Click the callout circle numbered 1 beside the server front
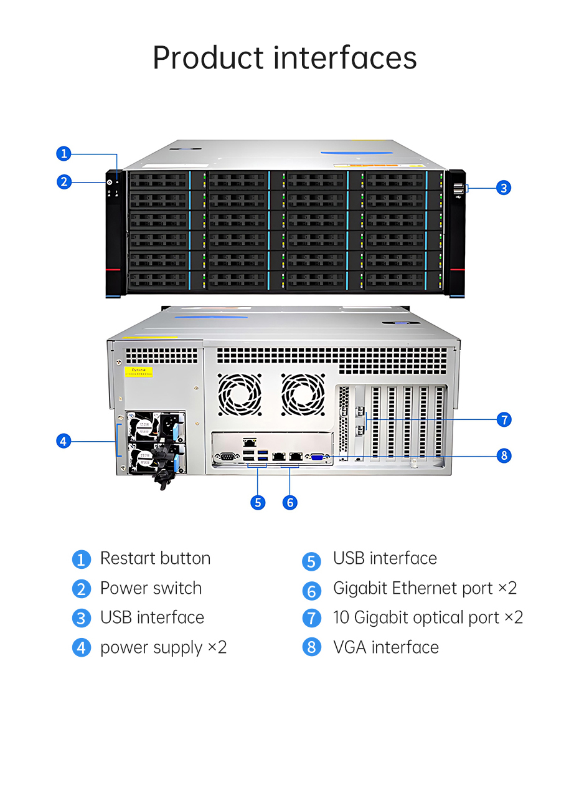(x=64, y=154)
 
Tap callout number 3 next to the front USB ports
(x=504, y=188)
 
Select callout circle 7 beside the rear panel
(x=504, y=419)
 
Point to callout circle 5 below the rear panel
(x=258, y=503)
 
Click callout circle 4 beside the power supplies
(x=64, y=441)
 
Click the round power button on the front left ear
(x=110, y=183)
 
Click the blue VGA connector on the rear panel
(x=316, y=457)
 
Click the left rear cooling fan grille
(x=239, y=394)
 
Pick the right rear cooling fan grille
(x=303, y=394)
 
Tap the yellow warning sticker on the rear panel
(x=138, y=371)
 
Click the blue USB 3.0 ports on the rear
(x=263, y=455)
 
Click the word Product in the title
(x=208, y=57)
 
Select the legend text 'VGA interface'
(x=386, y=647)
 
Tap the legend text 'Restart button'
(x=155, y=558)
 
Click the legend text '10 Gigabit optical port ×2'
(x=428, y=617)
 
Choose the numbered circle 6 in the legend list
(x=312, y=591)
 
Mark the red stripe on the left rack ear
(x=113, y=269)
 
